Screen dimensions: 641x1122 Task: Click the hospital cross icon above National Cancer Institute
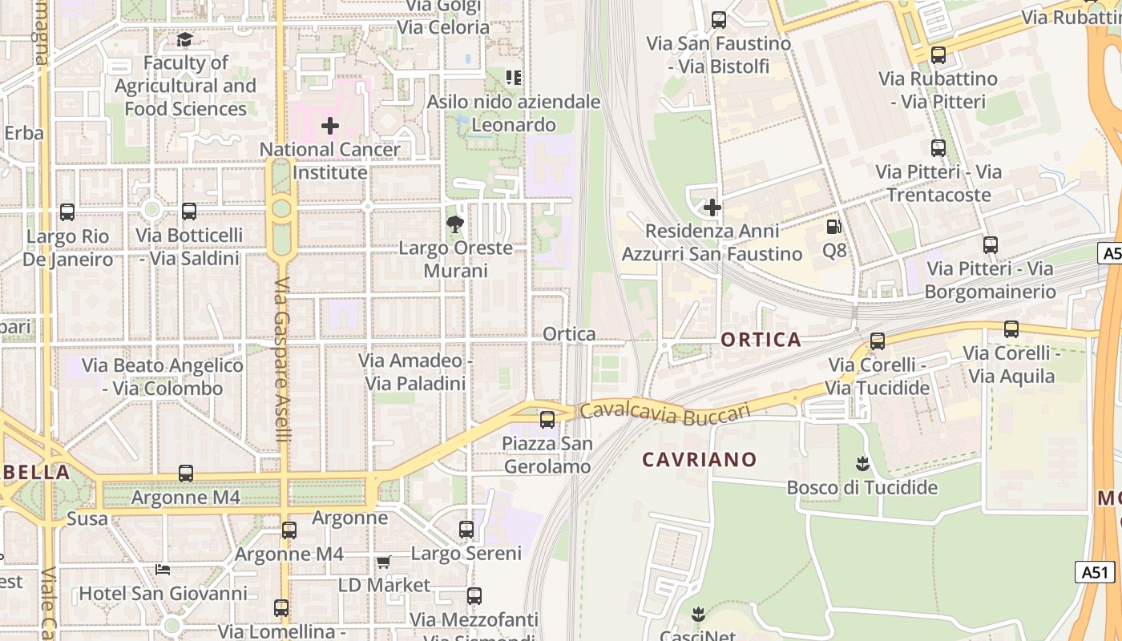pos(330,126)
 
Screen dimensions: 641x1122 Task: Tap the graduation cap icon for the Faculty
pos(185,39)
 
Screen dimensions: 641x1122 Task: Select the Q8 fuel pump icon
pos(834,228)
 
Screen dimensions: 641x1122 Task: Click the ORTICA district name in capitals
pos(761,340)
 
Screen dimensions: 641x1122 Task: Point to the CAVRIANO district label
pos(700,459)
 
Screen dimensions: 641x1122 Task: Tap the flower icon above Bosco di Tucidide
pos(862,463)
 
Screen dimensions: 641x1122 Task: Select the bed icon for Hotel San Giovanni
pos(163,570)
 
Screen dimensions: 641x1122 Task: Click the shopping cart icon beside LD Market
pos(383,562)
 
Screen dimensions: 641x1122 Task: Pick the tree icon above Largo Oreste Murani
pos(455,224)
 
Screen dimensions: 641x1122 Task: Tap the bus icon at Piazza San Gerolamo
pos(547,419)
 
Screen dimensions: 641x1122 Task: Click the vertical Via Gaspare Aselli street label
pos(281,361)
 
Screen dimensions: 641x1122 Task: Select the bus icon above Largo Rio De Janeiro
pos(67,212)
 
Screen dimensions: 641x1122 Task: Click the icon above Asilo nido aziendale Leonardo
pos(514,78)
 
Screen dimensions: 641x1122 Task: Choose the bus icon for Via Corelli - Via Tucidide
pos(878,341)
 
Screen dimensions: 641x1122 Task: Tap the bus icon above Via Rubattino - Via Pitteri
pos(938,55)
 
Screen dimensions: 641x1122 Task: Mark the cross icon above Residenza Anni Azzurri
pos(712,208)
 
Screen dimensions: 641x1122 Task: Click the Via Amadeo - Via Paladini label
pos(415,372)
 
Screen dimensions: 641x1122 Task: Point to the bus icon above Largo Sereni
pos(466,530)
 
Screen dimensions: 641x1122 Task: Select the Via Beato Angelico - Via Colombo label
pos(163,377)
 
